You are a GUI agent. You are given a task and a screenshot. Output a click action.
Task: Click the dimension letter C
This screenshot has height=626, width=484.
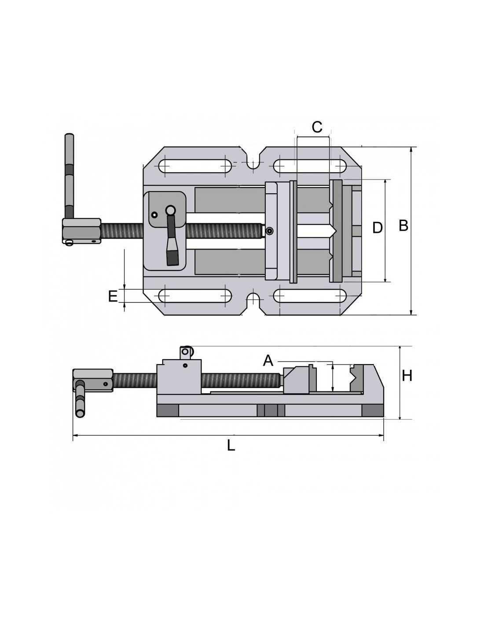click(317, 127)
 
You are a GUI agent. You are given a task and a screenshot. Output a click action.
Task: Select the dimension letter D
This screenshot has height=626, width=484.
click(378, 228)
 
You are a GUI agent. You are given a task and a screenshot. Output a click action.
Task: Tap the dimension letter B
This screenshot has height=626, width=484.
click(403, 225)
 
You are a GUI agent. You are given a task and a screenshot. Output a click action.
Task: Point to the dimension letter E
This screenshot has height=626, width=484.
click(113, 296)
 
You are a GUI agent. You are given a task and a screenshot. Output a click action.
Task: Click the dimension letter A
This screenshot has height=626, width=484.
click(268, 361)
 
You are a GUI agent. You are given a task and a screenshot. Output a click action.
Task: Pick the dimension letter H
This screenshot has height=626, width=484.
click(407, 376)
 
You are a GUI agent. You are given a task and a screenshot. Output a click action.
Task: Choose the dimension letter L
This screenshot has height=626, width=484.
click(231, 446)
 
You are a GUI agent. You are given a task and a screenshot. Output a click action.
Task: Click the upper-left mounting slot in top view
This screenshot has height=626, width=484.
click(195, 167)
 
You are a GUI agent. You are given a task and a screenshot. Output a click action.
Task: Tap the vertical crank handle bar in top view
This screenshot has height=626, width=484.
click(70, 176)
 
